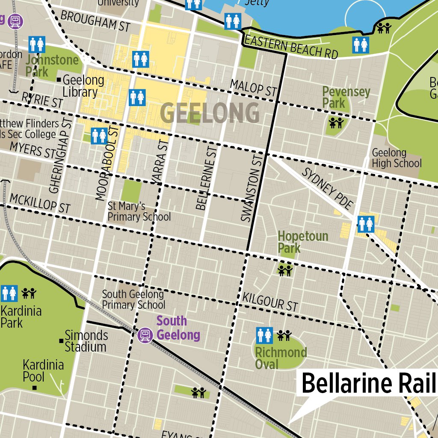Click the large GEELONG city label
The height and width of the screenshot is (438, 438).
210,113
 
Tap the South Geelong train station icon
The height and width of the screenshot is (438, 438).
145,334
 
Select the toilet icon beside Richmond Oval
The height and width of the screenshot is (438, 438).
264,335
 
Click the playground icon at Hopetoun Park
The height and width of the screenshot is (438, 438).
284,270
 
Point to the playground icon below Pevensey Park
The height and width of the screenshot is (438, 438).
336,123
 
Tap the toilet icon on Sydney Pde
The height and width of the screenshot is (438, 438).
366,224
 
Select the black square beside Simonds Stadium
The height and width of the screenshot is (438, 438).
62,340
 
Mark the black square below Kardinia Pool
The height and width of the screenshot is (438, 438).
35,388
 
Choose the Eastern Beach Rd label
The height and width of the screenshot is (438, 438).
291,47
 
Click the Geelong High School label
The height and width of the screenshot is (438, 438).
396,158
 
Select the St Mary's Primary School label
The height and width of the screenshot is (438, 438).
139,212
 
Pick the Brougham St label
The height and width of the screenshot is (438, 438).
95,21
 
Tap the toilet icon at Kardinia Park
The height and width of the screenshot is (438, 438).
9,293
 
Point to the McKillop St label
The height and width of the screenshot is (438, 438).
40,203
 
